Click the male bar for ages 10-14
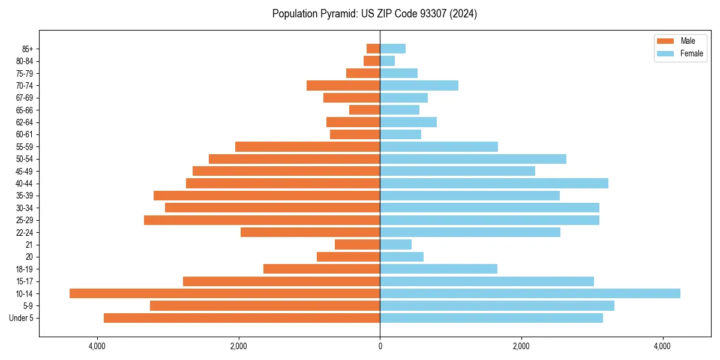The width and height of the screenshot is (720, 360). coord(225,293)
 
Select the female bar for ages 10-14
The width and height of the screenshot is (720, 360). coord(530,293)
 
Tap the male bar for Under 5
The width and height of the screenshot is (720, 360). coord(242,318)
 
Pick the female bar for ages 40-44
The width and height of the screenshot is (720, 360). coord(494,183)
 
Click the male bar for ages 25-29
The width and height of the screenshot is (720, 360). coord(262,220)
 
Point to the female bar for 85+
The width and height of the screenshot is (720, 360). coord(392,49)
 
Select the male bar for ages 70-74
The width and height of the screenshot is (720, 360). coord(343,85)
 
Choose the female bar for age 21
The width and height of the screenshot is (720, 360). coord(395,244)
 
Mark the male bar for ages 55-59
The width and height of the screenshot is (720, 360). coord(307,146)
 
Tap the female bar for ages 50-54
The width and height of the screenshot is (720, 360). coord(473,159)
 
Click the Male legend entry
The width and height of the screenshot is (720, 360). coord(678,41)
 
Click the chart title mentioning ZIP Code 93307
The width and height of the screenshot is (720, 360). coord(374,14)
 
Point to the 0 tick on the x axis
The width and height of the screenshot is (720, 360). coord(380,346)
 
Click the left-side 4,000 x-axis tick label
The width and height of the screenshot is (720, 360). coord(97,346)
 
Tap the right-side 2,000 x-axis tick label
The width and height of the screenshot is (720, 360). coord(521,346)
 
